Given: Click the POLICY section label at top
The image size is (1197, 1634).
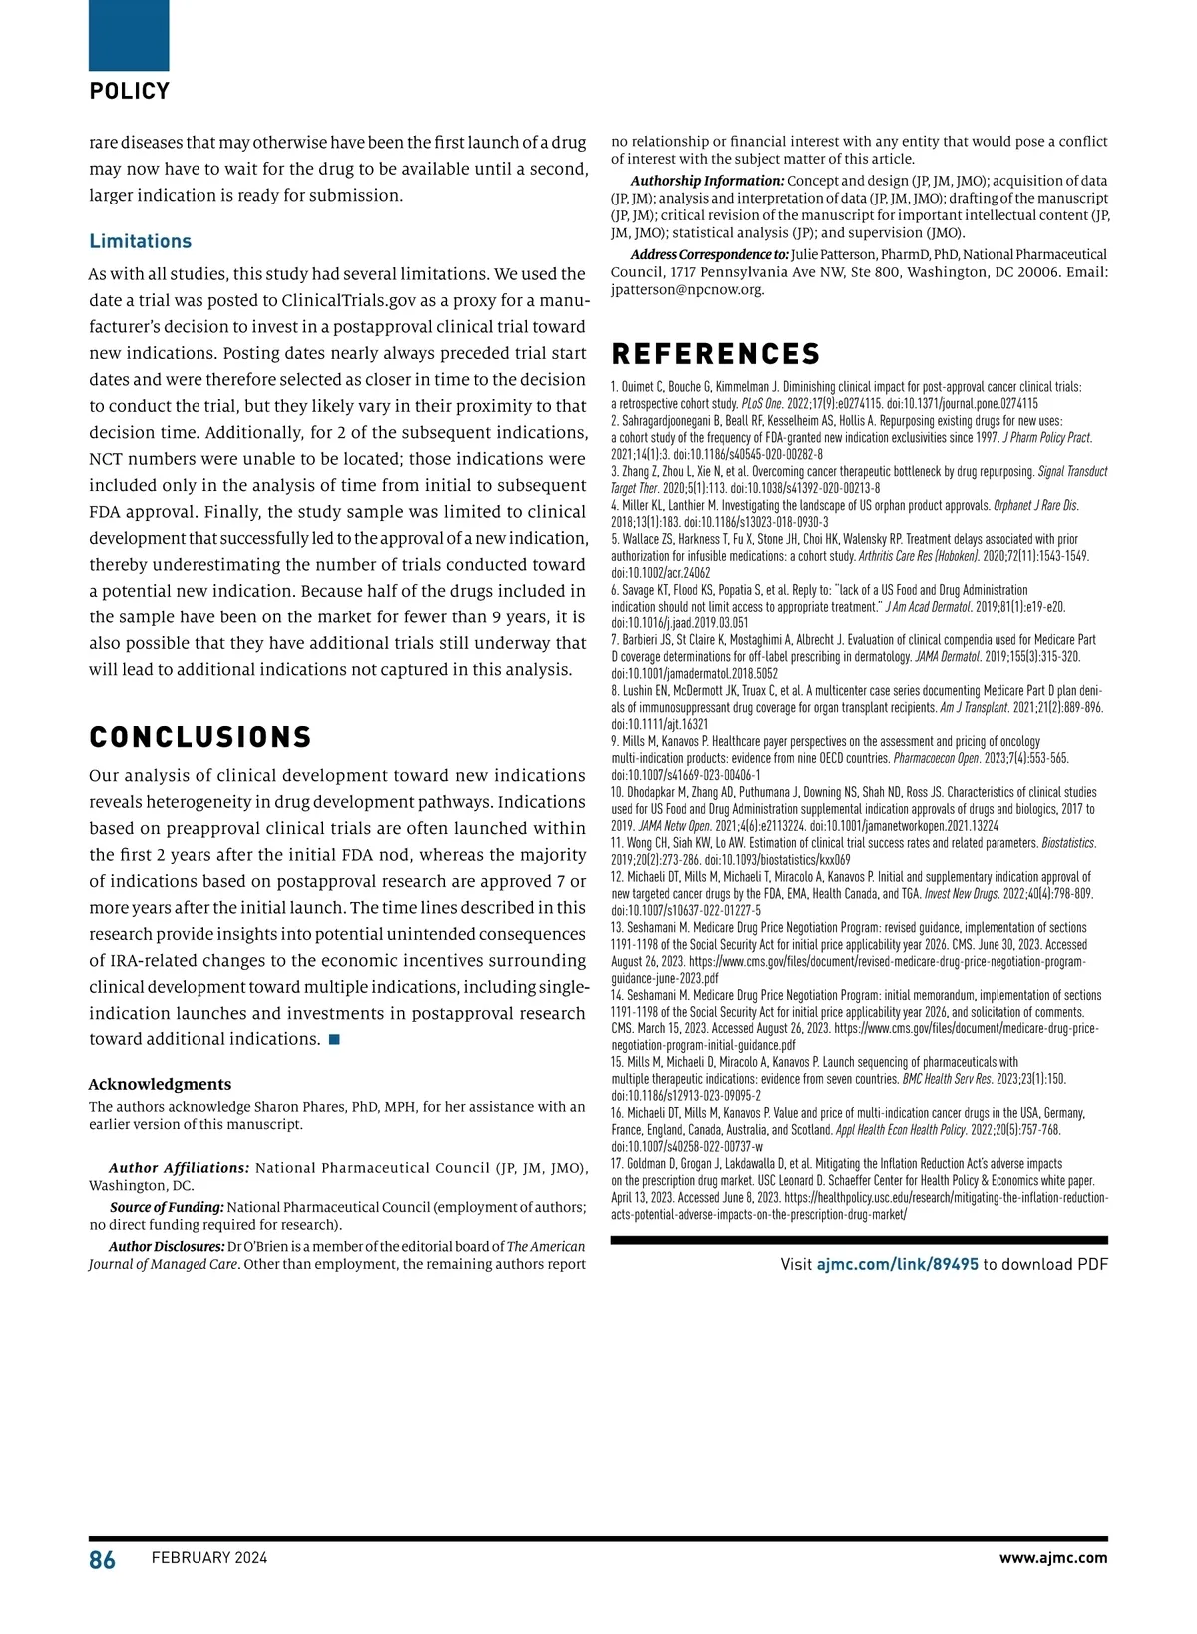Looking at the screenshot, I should coord(130,91).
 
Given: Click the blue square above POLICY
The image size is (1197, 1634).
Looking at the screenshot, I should coord(129,35).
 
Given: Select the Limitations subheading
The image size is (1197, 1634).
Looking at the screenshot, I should coord(140,241).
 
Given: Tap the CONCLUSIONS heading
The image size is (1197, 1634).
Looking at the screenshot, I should coord(200,737).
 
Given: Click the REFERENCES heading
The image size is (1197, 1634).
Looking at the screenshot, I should coord(715,354).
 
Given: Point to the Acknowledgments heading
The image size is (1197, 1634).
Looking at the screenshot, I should coord(160,1084).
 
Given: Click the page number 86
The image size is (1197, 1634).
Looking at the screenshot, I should coord(102,1560).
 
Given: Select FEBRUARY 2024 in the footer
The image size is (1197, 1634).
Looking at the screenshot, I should coord(209,1558).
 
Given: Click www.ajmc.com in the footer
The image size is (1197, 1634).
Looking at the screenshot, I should coord(1053,1558).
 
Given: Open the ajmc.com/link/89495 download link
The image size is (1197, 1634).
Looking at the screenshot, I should coord(897,1264).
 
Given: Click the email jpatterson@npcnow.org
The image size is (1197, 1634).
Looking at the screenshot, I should coord(687,290).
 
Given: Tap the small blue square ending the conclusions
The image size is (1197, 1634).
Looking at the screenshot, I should coord(334,1040).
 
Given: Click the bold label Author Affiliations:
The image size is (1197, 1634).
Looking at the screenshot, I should coord(179,1168).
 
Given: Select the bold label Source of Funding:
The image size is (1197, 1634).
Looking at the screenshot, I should coord(167,1207).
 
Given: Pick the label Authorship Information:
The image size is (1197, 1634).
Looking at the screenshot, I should coord(707,181).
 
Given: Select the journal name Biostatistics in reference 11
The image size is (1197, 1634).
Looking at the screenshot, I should coord(1068,843).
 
